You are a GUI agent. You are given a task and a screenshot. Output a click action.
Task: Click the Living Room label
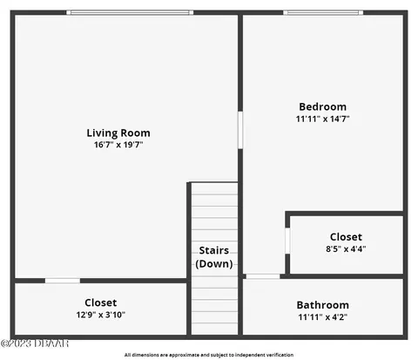118,133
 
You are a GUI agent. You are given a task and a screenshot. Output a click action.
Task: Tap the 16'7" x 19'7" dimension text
118,145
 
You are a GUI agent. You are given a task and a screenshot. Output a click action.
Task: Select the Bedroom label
322,106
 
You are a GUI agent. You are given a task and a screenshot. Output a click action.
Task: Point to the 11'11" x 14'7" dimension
322,119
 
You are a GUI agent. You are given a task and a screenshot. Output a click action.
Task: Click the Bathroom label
322,305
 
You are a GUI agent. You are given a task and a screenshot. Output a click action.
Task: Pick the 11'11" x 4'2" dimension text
322,317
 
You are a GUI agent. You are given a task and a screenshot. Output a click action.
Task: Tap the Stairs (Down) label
214,257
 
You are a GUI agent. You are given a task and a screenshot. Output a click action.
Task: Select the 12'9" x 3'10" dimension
101,315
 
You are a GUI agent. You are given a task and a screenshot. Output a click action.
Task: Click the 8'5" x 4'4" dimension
346,249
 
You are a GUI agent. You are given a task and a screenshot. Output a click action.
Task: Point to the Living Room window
130,12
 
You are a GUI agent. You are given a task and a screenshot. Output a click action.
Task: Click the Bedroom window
323,12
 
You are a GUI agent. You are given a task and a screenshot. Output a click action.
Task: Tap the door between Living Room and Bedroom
240,130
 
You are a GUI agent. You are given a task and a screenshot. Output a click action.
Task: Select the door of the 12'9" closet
63,281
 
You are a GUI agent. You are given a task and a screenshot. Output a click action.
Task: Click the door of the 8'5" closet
287,241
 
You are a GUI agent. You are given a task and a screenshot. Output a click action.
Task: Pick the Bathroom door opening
263,276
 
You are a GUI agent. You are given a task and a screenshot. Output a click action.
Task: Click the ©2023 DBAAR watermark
35,343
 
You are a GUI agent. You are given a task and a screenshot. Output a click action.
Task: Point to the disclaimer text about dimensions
209,355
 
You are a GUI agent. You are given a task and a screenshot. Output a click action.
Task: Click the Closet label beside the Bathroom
346,237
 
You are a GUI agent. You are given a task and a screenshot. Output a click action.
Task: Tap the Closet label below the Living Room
101,302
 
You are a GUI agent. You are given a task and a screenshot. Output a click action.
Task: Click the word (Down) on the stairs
214,264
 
